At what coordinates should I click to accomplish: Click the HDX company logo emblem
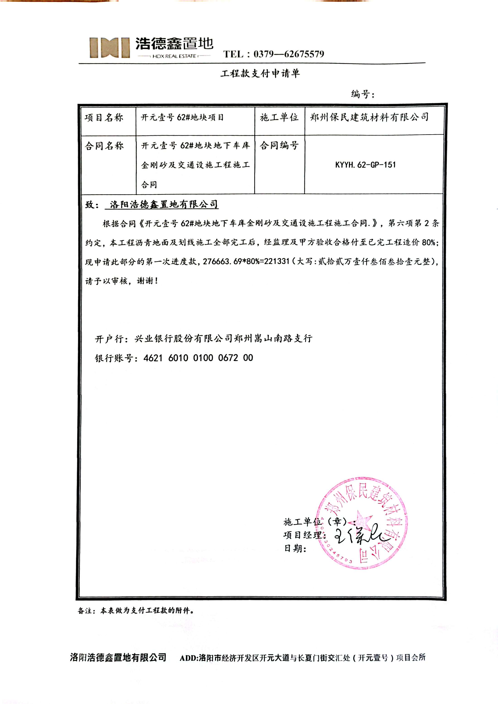(109, 48)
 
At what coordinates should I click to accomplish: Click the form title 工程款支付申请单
(260, 73)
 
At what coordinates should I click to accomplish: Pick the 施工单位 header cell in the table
(279, 117)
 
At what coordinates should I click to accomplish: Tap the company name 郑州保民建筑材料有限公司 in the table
(369, 117)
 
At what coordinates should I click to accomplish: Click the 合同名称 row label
(104, 146)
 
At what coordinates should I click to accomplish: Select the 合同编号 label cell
(279, 145)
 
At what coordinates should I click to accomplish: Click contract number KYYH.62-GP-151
(365, 165)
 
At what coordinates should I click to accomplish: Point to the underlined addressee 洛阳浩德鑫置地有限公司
(164, 205)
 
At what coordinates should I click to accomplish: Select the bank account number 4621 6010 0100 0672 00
(198, 358)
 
